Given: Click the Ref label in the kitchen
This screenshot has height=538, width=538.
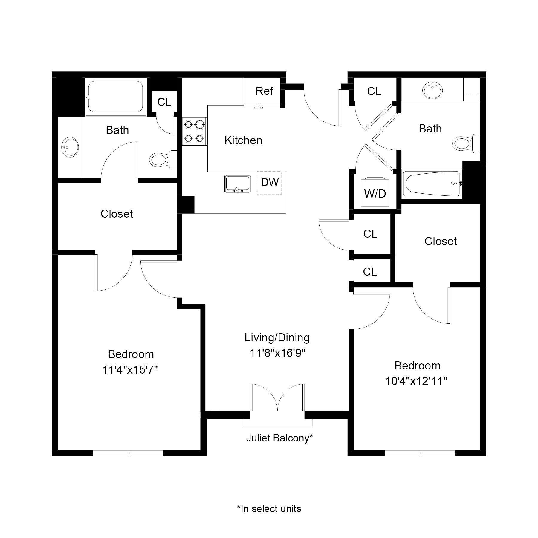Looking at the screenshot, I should coord(264,91).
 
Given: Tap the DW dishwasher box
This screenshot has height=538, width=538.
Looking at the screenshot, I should coord(269,183).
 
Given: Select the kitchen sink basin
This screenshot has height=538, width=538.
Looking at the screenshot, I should coord(237,184).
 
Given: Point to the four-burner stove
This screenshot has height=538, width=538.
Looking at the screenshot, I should coord(194,131).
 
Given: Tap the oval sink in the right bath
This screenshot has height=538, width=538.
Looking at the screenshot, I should coord(432,90).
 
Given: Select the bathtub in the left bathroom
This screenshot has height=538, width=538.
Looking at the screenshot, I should coord(116,97).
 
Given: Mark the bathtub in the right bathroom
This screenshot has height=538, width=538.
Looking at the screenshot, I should coord(432,184).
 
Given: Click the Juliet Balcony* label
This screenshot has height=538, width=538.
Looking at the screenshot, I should coord(279,438).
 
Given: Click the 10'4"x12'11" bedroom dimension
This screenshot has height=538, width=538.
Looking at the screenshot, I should coord(416,381).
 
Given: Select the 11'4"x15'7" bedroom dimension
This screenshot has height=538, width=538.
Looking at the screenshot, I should coord(130,370).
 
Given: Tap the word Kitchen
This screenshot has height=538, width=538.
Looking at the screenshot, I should coord(243,140).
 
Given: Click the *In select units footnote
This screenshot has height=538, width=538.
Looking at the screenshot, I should coord(269,508).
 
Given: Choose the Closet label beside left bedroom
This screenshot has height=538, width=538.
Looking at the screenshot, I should coord(117,214).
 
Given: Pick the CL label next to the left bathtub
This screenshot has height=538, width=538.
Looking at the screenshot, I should coord(164,102).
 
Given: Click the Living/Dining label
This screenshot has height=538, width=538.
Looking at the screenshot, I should coord(277,337).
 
